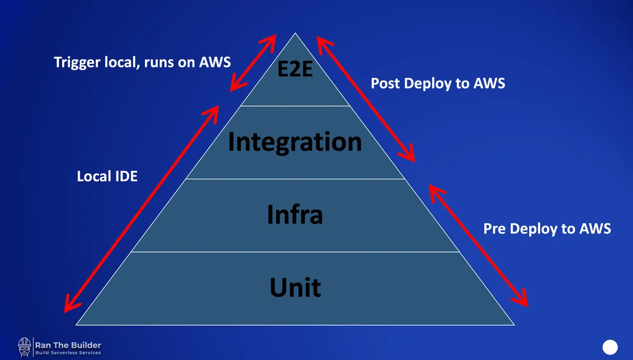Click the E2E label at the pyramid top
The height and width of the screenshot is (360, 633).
click(295, 69)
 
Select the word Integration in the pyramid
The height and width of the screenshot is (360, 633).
click(295, 142)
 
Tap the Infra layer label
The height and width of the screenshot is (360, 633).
click(295, 215)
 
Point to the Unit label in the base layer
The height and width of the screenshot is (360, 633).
click(295, 288)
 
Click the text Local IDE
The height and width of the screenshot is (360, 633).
click(107, 176)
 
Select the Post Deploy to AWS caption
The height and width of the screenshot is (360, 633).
click(438, 83)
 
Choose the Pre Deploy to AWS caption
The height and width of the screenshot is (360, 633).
click(547, 229)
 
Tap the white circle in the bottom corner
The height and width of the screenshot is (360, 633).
click(610, 347)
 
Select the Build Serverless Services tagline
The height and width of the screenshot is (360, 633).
click(68, 353)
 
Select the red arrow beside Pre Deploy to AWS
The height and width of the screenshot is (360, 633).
click(478, 245)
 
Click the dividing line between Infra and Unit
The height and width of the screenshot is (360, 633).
click(295, 252)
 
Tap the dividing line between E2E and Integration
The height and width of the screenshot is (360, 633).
click(295, 106)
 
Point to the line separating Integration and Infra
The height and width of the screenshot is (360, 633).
click(295, 179)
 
